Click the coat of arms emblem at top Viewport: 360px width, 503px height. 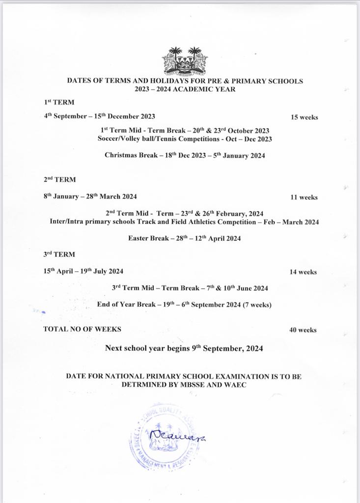coord(185,61)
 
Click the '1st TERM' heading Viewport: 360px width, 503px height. coord(58,103)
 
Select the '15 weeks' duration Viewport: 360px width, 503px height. coord(305,117)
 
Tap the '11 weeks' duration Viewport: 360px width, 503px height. coord(304,197)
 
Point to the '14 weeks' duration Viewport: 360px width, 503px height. coord(303,272)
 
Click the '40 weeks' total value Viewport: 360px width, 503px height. coord(303,330)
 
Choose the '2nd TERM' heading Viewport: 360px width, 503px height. coord(59,180)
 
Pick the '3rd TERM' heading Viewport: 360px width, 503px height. coord(59,254)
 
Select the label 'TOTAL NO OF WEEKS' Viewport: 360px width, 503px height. coord(82,329)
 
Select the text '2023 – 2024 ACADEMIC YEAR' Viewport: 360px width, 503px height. coord(185,89)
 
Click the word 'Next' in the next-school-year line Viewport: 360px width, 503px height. coord(113,348)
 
